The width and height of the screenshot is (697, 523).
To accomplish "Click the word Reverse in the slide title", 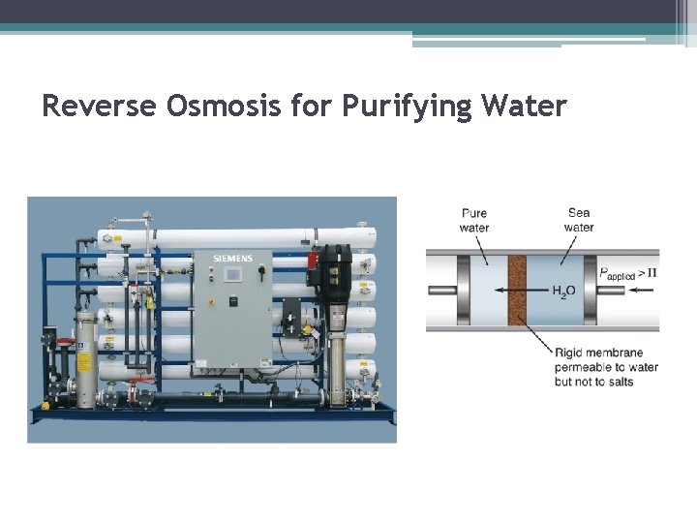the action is pyautogui.click(x=98, y=105).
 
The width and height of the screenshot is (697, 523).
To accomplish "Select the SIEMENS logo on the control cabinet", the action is pyautogui.click(x=232, y=259).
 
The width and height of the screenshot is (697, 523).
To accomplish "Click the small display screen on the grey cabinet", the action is pyautogui.click(x=232, y=275).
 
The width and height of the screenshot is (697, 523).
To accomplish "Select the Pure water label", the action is pyautogui.click(x=474, y=221).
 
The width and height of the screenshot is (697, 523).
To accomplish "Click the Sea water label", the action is pyautogui.click(x=579, y=221).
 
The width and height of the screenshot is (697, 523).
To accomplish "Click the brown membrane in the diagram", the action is pyautogui.click(x=516, y=289).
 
